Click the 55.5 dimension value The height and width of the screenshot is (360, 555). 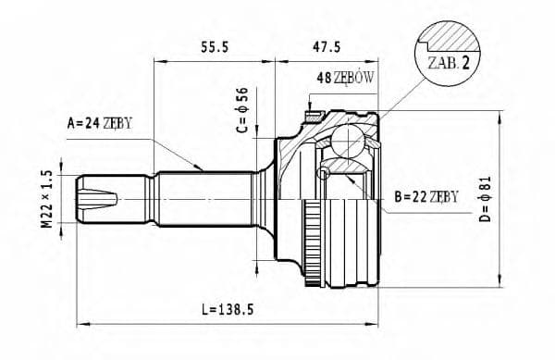(215, 44)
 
